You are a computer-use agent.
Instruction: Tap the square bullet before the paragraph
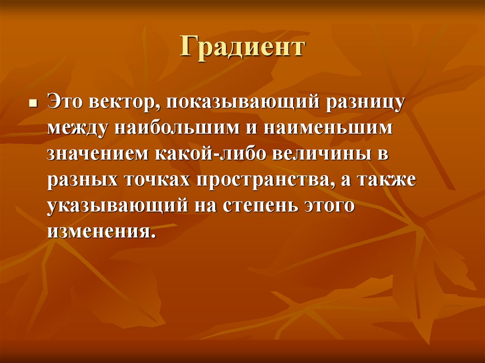pyautogui.click(x=33, y=104)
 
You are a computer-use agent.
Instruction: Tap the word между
pyautogui.click(x=78, y=129)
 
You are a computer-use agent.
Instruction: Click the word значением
pyautogui.click(x=96, y=155)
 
